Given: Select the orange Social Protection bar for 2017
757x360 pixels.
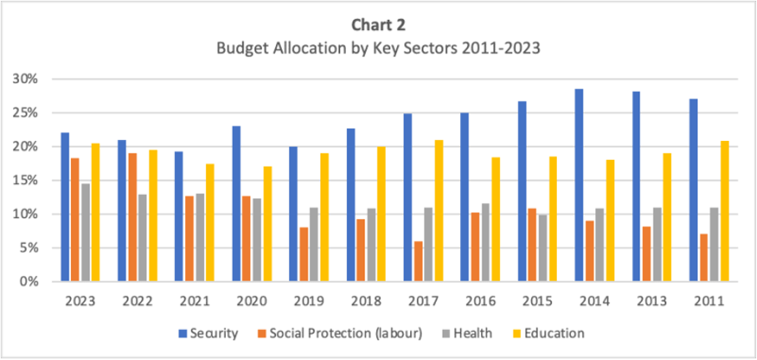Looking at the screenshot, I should click(417, 262).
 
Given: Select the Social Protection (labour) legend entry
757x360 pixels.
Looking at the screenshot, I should click(343, 333).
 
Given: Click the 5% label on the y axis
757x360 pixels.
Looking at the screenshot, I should click(34, 248).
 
